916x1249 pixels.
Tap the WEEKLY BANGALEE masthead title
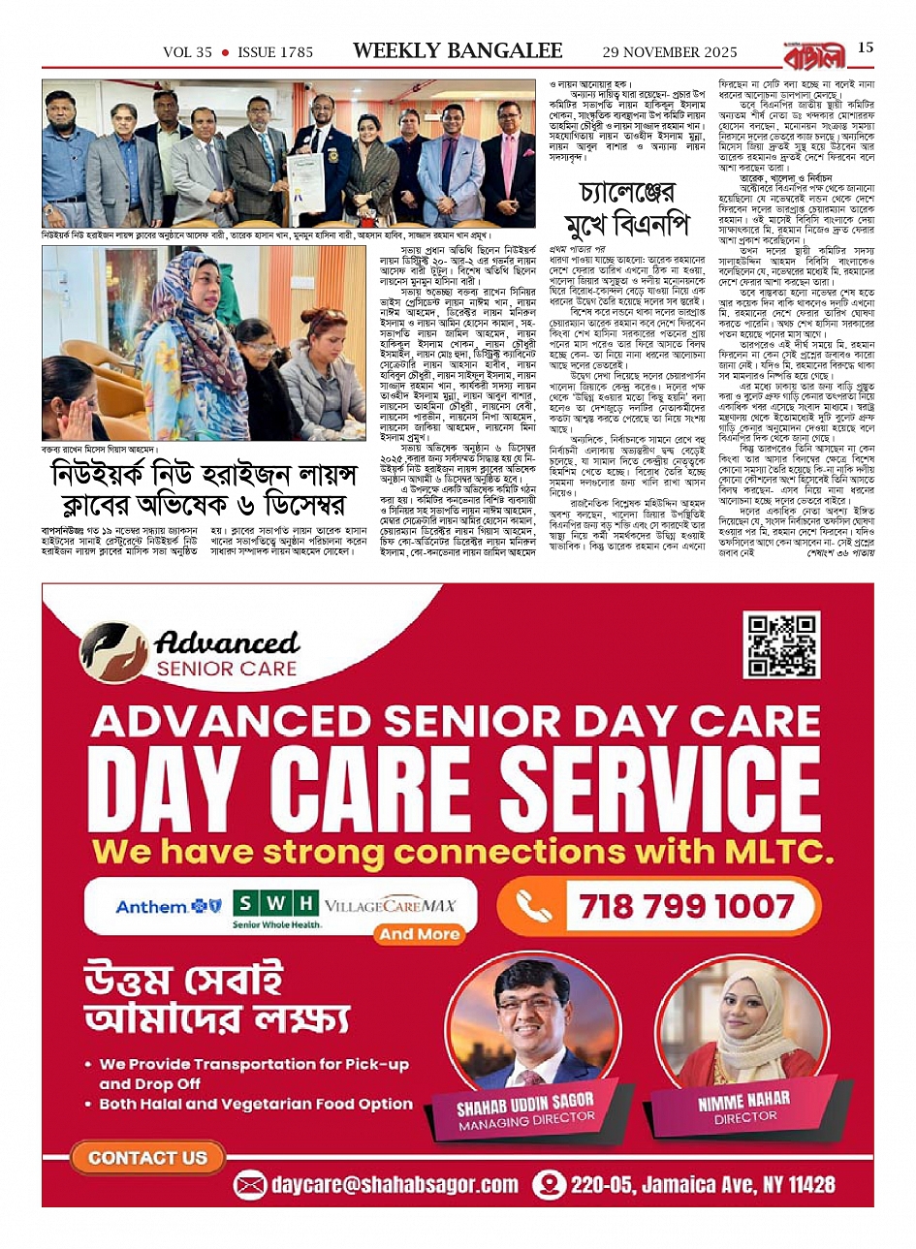[458, 51]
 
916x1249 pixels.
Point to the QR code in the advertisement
[780, 644]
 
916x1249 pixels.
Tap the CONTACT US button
[147, 1157]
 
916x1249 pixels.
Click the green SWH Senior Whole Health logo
[276, 909]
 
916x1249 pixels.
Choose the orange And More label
[419, 934]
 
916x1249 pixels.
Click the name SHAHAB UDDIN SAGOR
[525, 1103]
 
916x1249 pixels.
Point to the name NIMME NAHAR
[743, 1101]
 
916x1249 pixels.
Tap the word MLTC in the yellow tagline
[779, 852]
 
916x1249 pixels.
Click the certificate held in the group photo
[304, 177]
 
